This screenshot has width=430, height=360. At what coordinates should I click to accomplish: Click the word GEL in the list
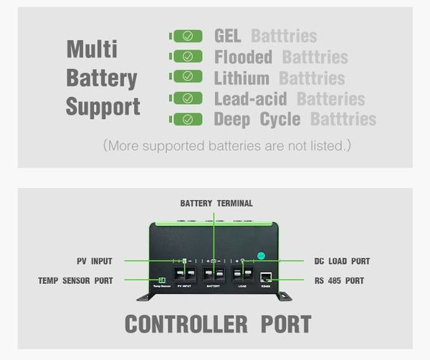229,36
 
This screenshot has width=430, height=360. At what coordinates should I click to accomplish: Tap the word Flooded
243,57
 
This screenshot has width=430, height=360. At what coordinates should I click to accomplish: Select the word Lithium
242,77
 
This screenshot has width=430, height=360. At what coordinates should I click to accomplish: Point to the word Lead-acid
250,99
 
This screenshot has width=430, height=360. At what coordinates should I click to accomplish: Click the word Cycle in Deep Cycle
280,119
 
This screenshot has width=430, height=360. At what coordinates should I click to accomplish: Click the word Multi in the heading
92,49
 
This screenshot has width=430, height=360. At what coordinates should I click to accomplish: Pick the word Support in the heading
102,107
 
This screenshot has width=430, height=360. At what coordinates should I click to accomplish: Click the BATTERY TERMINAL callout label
216,204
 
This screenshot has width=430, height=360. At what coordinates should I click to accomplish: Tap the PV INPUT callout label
95,261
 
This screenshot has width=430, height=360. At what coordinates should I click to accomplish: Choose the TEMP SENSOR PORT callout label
75,281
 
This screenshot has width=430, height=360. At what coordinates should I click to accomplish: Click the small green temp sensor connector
162,279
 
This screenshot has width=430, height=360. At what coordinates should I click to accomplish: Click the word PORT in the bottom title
285,323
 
